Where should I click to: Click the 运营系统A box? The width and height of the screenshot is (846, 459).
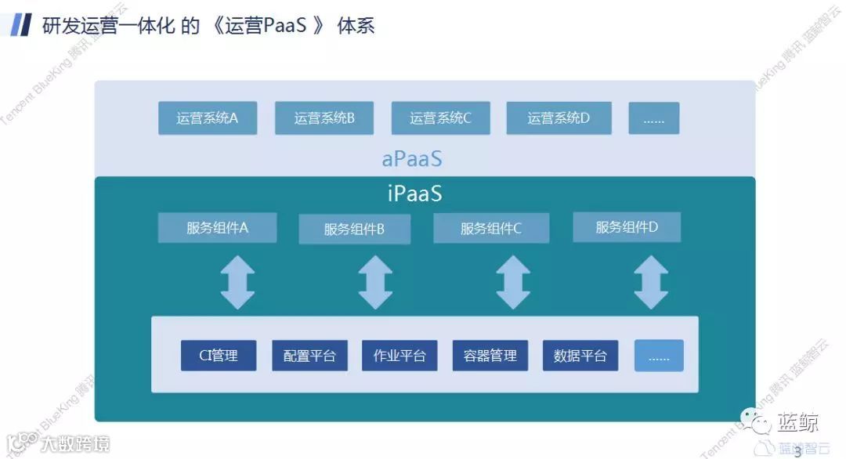[x=208, y=118]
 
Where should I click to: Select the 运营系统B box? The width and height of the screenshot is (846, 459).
[x=324, y=118]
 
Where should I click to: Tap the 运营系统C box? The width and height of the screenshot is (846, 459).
[x=440, y=118]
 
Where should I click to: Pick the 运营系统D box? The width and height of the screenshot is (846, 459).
[x=558, y=118]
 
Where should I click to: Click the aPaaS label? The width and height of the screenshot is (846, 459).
[x=412, y=159]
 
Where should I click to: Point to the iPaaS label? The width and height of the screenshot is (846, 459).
[x=414, y=193]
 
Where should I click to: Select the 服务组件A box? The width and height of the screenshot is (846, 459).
[x=217, y=228]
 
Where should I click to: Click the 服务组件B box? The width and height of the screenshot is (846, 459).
[x=354, y=229]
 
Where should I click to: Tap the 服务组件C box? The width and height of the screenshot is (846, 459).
[x=491, y=229]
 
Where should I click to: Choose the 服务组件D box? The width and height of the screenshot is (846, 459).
[x=627, y=227]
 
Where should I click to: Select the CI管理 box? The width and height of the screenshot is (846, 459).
[x=219, y=356]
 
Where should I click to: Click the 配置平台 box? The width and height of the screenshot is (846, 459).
[x=309, y=356]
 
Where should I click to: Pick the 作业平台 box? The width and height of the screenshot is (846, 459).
[x=399, y=356]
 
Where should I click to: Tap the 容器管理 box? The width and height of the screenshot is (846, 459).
[x=490, y=356]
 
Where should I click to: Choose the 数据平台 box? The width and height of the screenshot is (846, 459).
[x=580, y=356]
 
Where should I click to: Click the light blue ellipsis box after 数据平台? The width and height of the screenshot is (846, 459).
[x=659, y=356]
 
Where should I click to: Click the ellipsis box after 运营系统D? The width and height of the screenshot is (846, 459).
[x=653, y=118]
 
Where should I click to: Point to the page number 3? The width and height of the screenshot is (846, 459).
[x=797, y=451]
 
